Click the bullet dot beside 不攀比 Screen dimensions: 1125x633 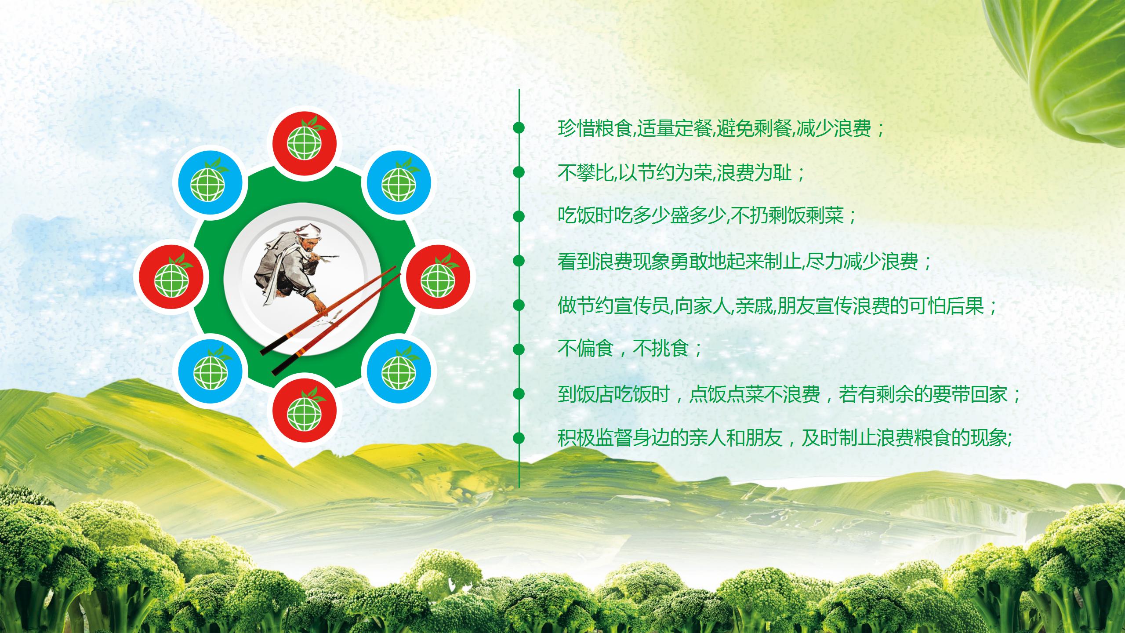pos(519,172)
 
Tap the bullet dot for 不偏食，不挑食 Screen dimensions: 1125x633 pos(519,349)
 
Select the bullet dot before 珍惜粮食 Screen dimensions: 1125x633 pos(519,128)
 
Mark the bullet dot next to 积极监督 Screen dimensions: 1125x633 pos(519,438)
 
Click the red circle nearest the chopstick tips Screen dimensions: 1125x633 pos(438,277)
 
